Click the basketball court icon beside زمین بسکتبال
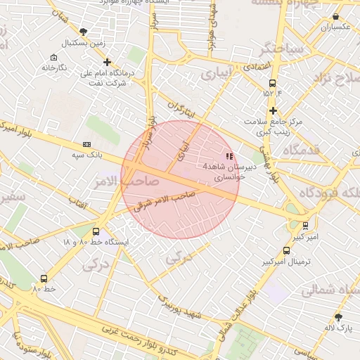[84, 32]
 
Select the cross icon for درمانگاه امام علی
[107, 62]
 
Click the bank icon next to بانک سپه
[86, 143]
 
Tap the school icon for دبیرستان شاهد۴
[228, 156]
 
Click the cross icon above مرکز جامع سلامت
[273, 110]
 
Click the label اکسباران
[336, 27]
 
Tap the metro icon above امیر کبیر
[305, 226]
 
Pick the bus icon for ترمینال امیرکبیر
[286, 250]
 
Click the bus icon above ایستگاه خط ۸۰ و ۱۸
[96, 231]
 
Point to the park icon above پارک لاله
[338, 317]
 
